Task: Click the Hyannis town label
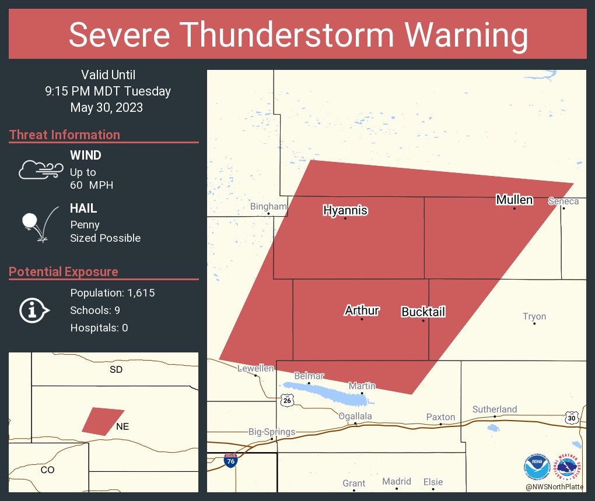(x=345, y=210)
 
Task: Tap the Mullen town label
(x=514, y=200)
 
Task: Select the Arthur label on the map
(x=362, y=311)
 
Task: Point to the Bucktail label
(x=423, y=312)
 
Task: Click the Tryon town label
(x=534, y=316)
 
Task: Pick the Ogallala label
(x=355, y=416)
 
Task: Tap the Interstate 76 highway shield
(x=230, y=460)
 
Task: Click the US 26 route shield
(x=286, y=400)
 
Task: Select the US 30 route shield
(x=572, y=417)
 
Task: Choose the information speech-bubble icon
(x=34, y=311)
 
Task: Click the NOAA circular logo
(x=537, y=467)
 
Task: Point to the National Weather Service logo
(x=568, y=467)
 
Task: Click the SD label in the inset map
(x=116, y=369)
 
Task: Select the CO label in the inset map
(x=47, y=470)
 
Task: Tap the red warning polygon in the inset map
(x=102, y=421)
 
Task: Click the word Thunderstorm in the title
(x=298, y=35)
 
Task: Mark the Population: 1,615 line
(x=112, y=292)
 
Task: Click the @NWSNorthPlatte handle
(x=555, y=487)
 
